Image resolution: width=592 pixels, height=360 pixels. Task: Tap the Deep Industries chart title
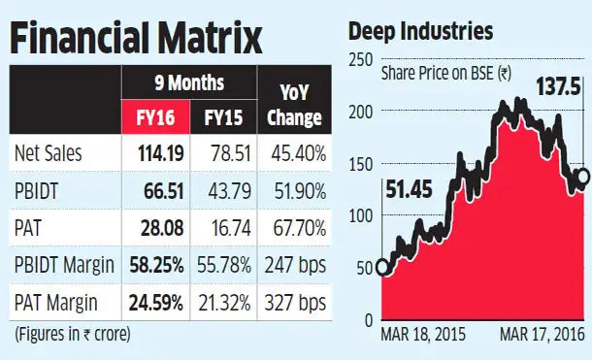pos(420,32)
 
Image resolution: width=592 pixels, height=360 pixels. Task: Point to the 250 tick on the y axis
pos(360,61)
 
